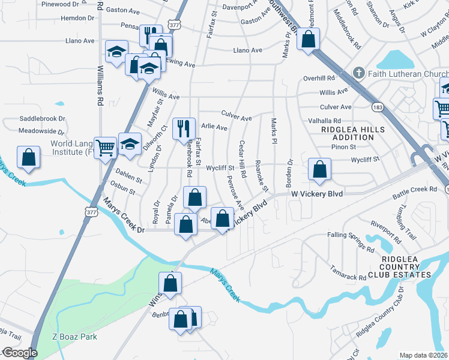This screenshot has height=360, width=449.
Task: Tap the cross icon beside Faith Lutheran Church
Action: [359, 73]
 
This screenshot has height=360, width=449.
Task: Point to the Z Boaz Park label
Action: [74, 337]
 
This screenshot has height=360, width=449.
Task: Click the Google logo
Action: [19, 353]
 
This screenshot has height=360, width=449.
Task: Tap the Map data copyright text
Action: [424, 355]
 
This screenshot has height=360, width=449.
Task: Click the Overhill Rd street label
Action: [319, 78]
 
